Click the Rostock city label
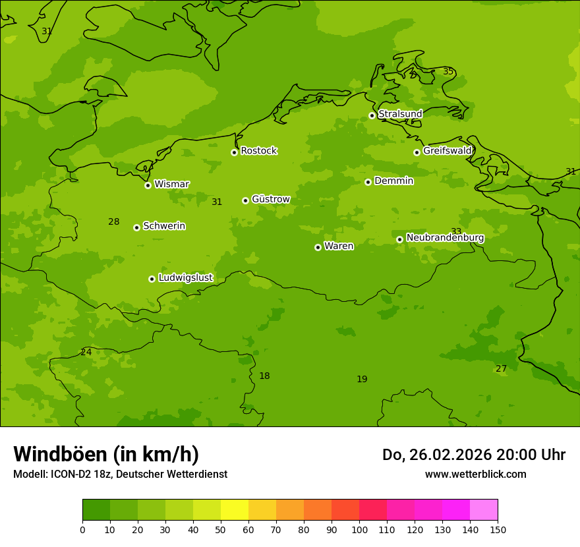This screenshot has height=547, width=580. (258, 151)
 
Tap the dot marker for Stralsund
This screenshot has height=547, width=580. (372, 115)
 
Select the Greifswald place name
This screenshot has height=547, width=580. (447, 151)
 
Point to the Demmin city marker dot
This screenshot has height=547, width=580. (368, 182)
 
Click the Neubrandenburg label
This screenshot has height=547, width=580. (445, 238)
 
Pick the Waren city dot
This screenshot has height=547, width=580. (318, 247)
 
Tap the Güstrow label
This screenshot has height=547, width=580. (270, 199)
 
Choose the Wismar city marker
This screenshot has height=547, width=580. (148, 185)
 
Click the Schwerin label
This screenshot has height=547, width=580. (163, 226)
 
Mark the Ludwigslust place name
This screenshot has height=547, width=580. (185, 278)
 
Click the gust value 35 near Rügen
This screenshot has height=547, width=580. (448, 71)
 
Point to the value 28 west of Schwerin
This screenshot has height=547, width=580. (113, 222)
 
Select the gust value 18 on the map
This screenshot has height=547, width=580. (264, 376)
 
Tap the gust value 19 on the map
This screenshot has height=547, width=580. (362, 380)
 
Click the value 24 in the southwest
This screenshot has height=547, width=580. (86, 353)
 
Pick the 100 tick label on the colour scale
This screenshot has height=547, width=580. (359, 529)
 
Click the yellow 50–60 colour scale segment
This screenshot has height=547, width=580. (234, 510)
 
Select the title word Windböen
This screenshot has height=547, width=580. (59, 454)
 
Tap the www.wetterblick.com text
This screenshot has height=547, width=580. (475, 475)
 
